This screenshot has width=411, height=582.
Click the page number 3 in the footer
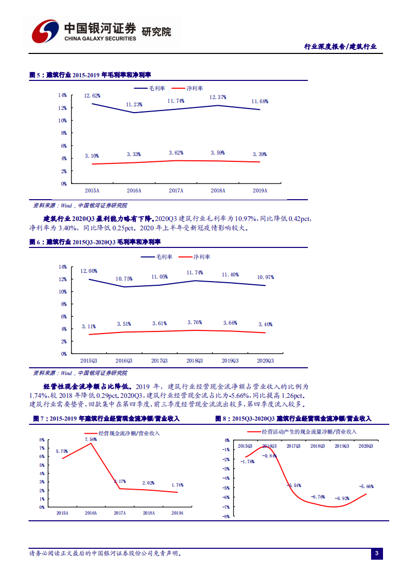pos(377,554)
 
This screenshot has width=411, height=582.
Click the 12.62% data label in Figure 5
pos(92,96)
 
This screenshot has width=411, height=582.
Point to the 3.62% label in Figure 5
pos(177,153)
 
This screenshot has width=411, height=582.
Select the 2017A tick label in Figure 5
pos(176,190)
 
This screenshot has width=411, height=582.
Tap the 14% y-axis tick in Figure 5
pos(62,95)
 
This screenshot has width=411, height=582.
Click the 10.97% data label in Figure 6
pos(265,278)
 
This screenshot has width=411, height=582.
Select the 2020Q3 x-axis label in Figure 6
pos(265,361)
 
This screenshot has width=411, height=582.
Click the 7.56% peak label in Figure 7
pos(90,439)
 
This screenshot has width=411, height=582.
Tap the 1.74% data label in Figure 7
pos(177,485)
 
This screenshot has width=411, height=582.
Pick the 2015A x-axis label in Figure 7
pos(62,512)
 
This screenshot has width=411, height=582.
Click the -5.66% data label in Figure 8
pos(366,487)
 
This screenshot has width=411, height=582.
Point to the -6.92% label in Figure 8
pos(342,498)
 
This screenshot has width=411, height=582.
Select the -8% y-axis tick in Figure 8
pos(226,517)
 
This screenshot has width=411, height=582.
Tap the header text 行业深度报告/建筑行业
pos(340,47)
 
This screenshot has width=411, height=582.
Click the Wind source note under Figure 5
pos(80,205)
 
